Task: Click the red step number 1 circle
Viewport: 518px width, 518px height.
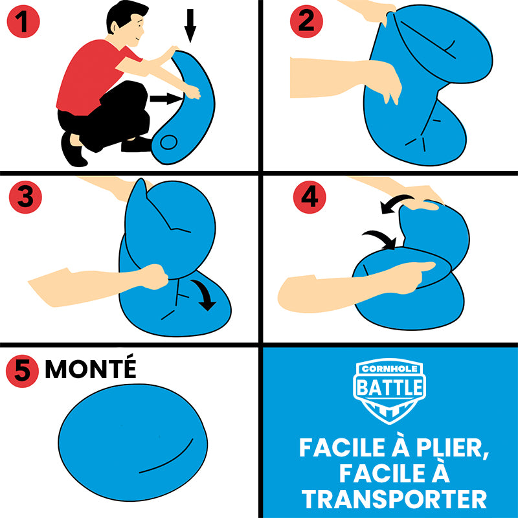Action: (x=23, y=23)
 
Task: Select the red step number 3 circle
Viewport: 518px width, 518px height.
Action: (x=25, y=197)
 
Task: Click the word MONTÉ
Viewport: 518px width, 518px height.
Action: (x=91, y=369)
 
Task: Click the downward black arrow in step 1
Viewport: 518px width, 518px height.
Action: (x=190, y=24)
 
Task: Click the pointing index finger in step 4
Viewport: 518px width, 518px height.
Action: (x=424, y=266)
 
